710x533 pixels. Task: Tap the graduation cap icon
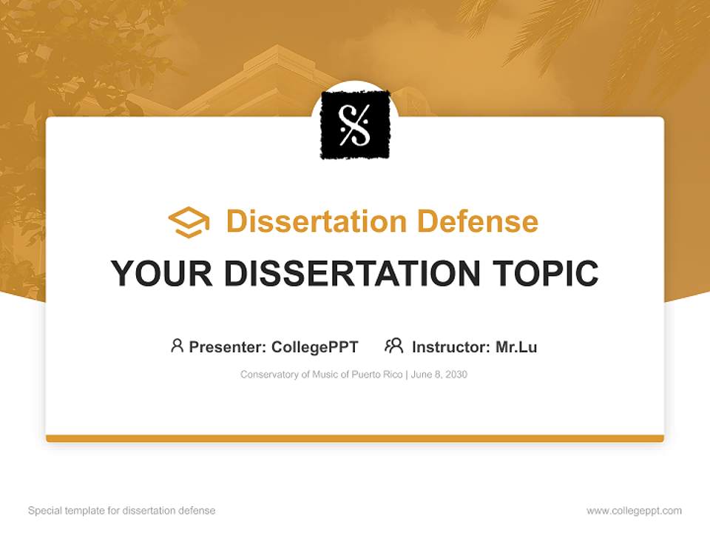point(189,222)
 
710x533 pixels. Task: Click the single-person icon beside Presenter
point(177,346)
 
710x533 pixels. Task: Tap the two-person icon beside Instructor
point(393,346)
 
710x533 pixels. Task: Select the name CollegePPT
point(315,346)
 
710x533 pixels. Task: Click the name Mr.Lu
point(516,346)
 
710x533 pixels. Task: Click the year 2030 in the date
point(456,375)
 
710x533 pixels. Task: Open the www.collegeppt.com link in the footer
point(634,511)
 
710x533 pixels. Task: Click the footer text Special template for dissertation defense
point(122,511)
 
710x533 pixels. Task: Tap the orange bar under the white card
point(355,438)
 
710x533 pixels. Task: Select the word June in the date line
point(421,375)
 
